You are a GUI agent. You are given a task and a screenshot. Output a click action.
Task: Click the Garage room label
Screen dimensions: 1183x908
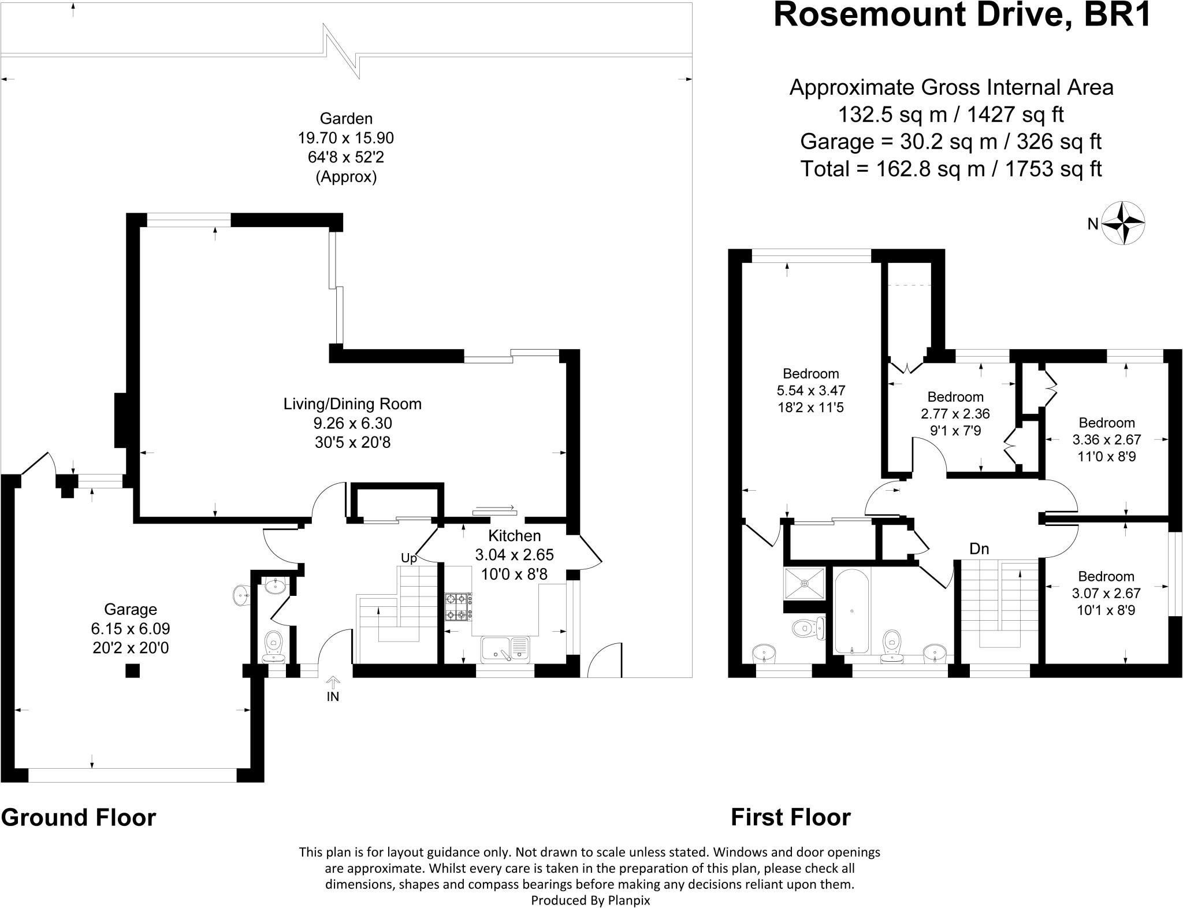click(x=131, y=609)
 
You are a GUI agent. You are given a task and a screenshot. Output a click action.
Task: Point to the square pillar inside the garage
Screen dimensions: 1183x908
click(x=133, y=670)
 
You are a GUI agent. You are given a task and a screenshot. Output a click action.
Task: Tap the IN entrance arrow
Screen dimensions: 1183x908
click(x=333, y=683)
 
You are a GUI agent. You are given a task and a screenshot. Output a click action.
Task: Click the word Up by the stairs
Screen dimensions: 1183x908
click(x=409, y=558)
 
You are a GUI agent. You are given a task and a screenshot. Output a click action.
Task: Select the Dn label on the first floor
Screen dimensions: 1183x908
click(x=979, y=549)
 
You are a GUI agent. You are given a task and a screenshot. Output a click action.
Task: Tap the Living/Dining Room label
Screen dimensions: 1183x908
click(x=352, y=403)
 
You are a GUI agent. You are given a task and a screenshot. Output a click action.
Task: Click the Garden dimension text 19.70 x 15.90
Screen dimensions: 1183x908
click(x=346, y=138)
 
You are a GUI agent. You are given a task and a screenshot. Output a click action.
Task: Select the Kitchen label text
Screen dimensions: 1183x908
click(x=515, y=536)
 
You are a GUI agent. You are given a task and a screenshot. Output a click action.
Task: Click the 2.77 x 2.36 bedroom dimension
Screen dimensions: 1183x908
click(x=955, y=414)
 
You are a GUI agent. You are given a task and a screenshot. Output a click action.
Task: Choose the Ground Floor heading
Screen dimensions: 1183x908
click(x=79, y=818)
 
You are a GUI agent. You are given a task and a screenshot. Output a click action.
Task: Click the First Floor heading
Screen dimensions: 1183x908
click(x=791, y=817)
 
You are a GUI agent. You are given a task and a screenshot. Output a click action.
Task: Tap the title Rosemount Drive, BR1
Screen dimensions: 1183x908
click(x=962, y=15)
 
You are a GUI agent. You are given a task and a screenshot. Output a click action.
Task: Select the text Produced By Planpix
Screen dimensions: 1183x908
click(x=590, y=900)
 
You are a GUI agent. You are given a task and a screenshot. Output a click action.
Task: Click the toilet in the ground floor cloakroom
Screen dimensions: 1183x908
click(x=273, y=647)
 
